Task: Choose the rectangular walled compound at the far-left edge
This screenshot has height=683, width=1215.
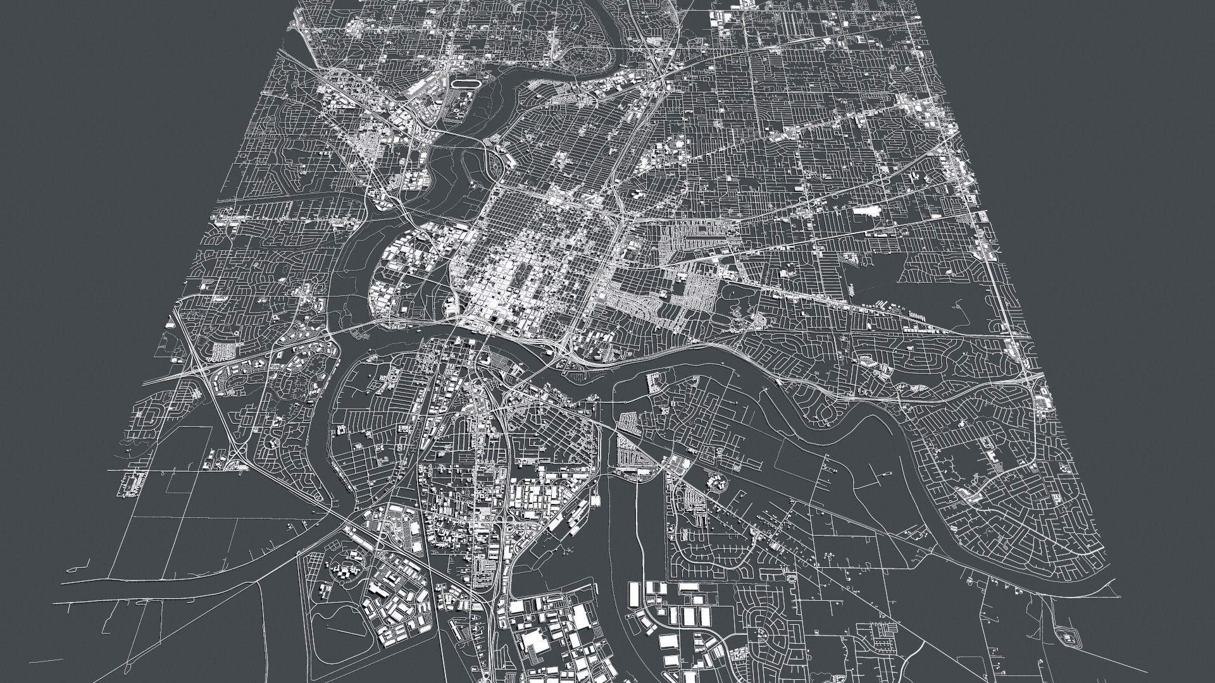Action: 134,484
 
